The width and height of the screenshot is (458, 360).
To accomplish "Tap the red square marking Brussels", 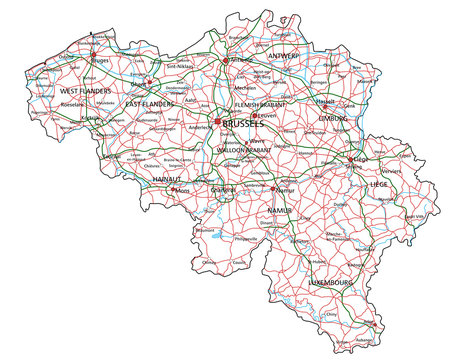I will pos(219,122).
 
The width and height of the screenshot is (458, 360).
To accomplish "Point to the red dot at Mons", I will pos(172,188).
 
